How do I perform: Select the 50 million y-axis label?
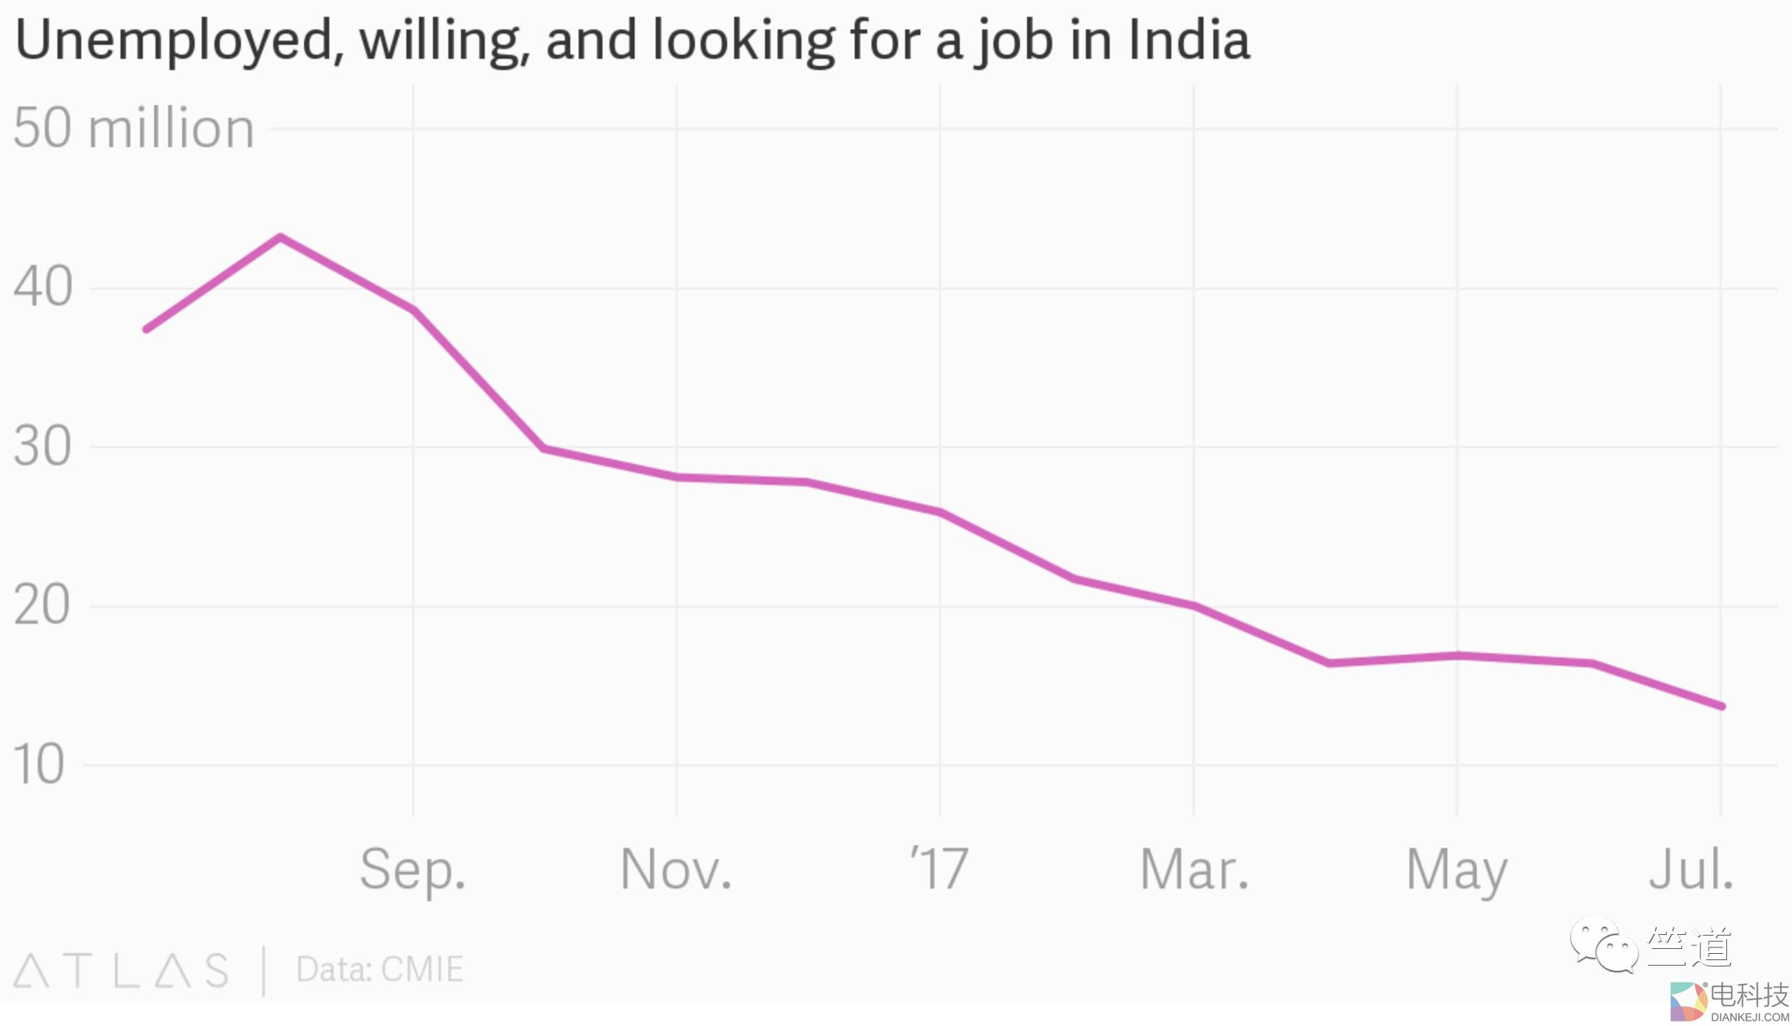(134, 128)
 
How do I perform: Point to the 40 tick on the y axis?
(43, 287)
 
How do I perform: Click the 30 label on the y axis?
(42, 446)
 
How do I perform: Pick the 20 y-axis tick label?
(42, 606)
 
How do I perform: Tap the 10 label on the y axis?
(39, 765)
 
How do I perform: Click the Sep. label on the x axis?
(413, 870)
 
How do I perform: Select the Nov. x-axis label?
(676, 870)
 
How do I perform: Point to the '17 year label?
(939, 868)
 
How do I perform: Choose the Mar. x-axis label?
(1194, 870)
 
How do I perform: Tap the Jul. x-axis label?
(1690, 870)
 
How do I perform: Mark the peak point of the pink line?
(280, 237)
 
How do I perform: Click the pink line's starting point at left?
(146, 329)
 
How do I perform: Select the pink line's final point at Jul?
(1721, 706)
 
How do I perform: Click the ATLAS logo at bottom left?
(121, 971)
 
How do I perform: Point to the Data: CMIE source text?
(380, 970)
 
